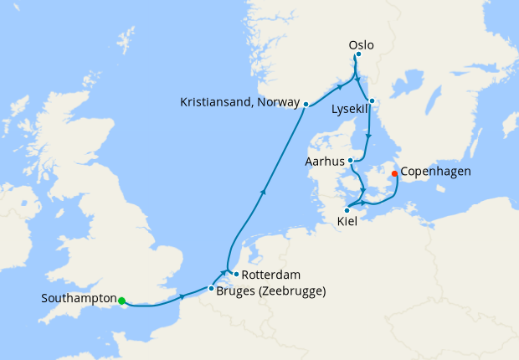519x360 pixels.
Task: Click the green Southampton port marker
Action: [121, 301]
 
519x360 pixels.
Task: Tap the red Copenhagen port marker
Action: [394, 174]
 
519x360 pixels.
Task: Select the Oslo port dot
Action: [358, 55]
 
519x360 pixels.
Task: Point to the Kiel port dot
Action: [347, 210]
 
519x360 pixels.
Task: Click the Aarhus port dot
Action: [350, 161]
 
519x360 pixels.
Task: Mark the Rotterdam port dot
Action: [236, 274]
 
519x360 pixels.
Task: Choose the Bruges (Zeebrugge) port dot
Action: [211, 289]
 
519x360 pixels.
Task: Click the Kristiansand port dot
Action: [306, 105]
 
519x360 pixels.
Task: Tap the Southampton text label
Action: [78, 298]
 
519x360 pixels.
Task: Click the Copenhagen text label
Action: [436, 172]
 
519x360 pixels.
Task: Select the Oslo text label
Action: [361, 44]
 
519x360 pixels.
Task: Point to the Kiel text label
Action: [347, 222]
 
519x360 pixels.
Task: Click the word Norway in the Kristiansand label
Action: [276, 102]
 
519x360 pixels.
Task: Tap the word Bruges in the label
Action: [237, 291]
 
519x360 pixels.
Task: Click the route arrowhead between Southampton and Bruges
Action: [182, 296]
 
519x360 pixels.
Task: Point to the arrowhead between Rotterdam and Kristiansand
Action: [264, 193]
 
